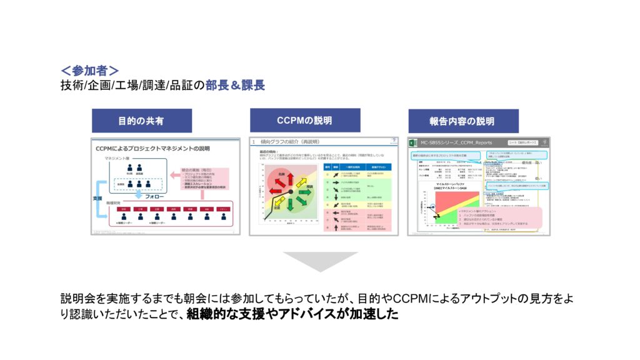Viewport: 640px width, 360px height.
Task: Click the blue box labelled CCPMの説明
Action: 304,120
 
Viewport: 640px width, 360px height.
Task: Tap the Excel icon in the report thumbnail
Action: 415,142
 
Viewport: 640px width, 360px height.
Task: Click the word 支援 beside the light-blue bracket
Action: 98,197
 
